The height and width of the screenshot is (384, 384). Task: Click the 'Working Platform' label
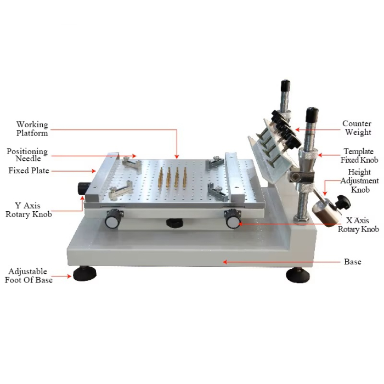click(32, 129)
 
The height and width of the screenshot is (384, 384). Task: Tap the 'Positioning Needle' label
click(27, 155)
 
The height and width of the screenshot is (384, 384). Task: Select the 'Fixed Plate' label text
click(29, 171)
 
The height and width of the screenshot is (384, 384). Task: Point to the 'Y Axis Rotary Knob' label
click(29, 210)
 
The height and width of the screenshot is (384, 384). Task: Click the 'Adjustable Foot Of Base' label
click(29, 275)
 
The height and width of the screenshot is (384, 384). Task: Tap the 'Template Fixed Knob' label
click(359, 155)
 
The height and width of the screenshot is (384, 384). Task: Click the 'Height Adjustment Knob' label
click(359, 180)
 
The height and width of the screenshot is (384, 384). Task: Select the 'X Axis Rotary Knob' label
click(358, 225)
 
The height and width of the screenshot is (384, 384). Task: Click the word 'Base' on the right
click(352, 262)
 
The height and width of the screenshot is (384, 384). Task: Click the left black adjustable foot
click(85, 274)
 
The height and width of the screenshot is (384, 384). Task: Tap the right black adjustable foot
click(298, 275)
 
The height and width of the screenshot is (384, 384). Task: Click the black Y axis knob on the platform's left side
click(82, 188)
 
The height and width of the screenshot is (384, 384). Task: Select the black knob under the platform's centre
click(174, 223)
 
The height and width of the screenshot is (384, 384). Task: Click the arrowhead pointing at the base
click(225, 262)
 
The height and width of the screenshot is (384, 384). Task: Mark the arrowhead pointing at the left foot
click(69, 276)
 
